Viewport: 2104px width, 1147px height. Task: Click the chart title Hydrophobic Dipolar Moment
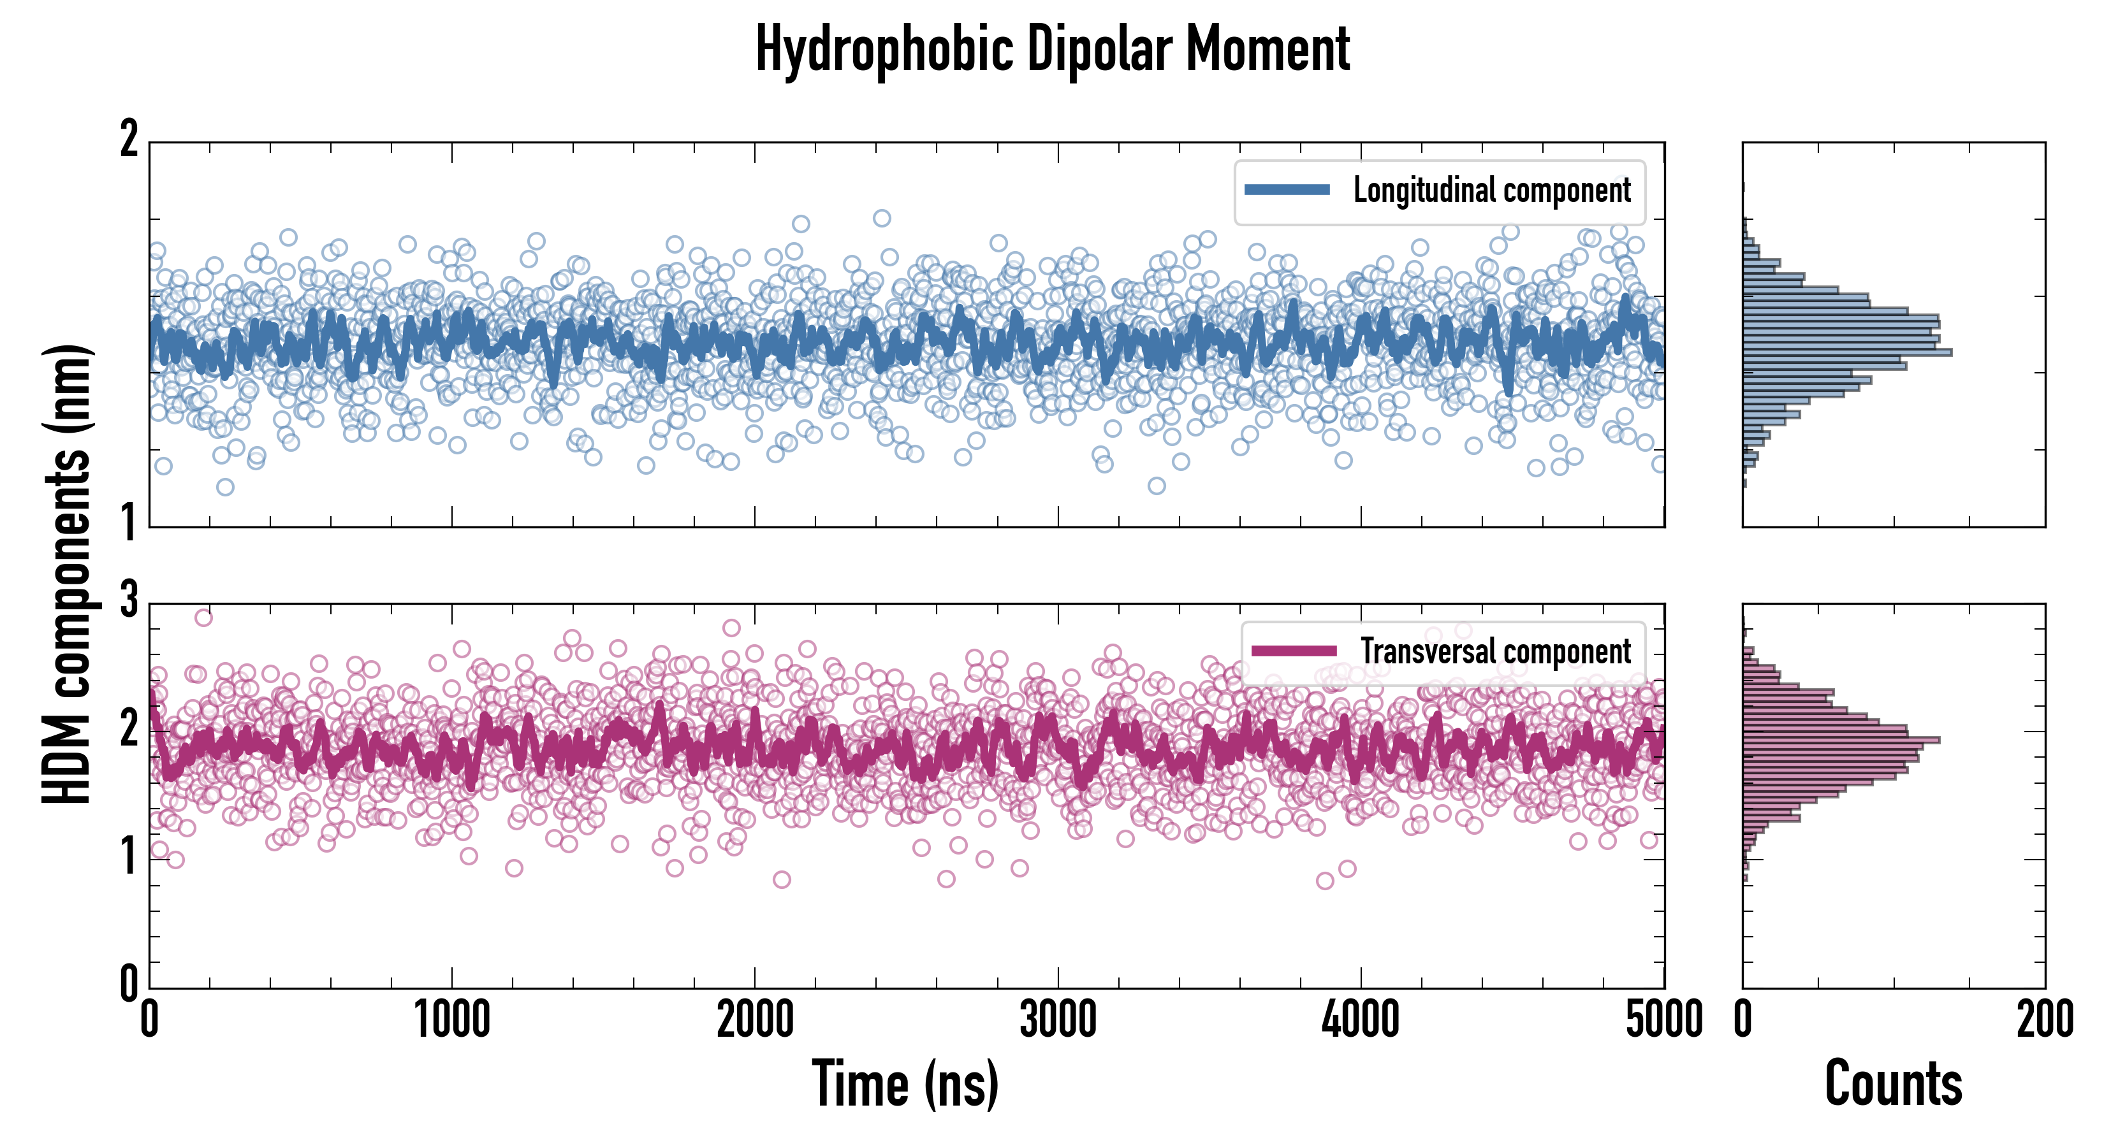tap(1052, 49)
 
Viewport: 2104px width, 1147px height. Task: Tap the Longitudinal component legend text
tap(1491, 191)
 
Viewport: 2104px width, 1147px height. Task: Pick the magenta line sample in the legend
tap(1294, 651)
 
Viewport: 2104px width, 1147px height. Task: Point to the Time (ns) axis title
tap(905, 1083)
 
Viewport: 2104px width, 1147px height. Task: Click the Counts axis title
tap(1893, 1083)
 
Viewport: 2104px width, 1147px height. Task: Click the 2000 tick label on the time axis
tap(755, 1020)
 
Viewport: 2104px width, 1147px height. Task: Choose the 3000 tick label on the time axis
tap(1058, 1020)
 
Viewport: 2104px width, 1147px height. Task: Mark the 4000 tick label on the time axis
tap(1361, 1020)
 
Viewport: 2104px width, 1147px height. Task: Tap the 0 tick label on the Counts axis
tap(1743, 1020)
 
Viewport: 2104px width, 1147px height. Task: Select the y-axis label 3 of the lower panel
tap(129, 600)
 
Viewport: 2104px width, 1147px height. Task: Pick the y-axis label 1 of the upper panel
tap(129, 523)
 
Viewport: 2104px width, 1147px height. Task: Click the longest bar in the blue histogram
tap(1846, 352)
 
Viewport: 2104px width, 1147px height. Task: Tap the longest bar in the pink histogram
tap(1841, 740)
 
